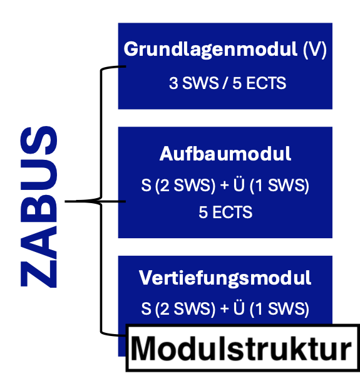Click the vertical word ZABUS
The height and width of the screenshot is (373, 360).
click(39, 207)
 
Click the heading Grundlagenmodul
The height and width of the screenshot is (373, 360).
click(210, 50)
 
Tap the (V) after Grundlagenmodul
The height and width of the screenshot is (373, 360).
click(315, 50)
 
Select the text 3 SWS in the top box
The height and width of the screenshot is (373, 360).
click(193, 83)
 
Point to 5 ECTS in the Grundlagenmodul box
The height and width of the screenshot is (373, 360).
click(259, 83)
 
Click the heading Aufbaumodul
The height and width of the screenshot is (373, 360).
click(225, 154)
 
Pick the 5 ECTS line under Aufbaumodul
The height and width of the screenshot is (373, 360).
click(225, 212)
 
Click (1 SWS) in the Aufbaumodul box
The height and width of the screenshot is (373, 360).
click(279, 185)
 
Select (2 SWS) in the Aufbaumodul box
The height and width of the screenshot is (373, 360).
click(185, 185)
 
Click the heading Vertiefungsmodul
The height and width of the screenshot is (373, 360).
click(225, 278)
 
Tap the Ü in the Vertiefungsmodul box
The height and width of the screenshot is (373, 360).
click(239, 308)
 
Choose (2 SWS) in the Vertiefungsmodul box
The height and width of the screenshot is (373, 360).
click(185, 309)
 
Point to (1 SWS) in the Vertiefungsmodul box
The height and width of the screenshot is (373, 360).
click(279, 309)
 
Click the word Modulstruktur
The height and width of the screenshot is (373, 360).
click(241, 349)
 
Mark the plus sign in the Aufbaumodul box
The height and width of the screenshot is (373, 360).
click(225, 186)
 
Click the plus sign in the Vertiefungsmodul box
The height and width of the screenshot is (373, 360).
click(225, 309)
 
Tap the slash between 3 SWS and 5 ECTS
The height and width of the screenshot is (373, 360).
click(225, 83)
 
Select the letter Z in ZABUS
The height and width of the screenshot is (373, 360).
click(39, 273)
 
